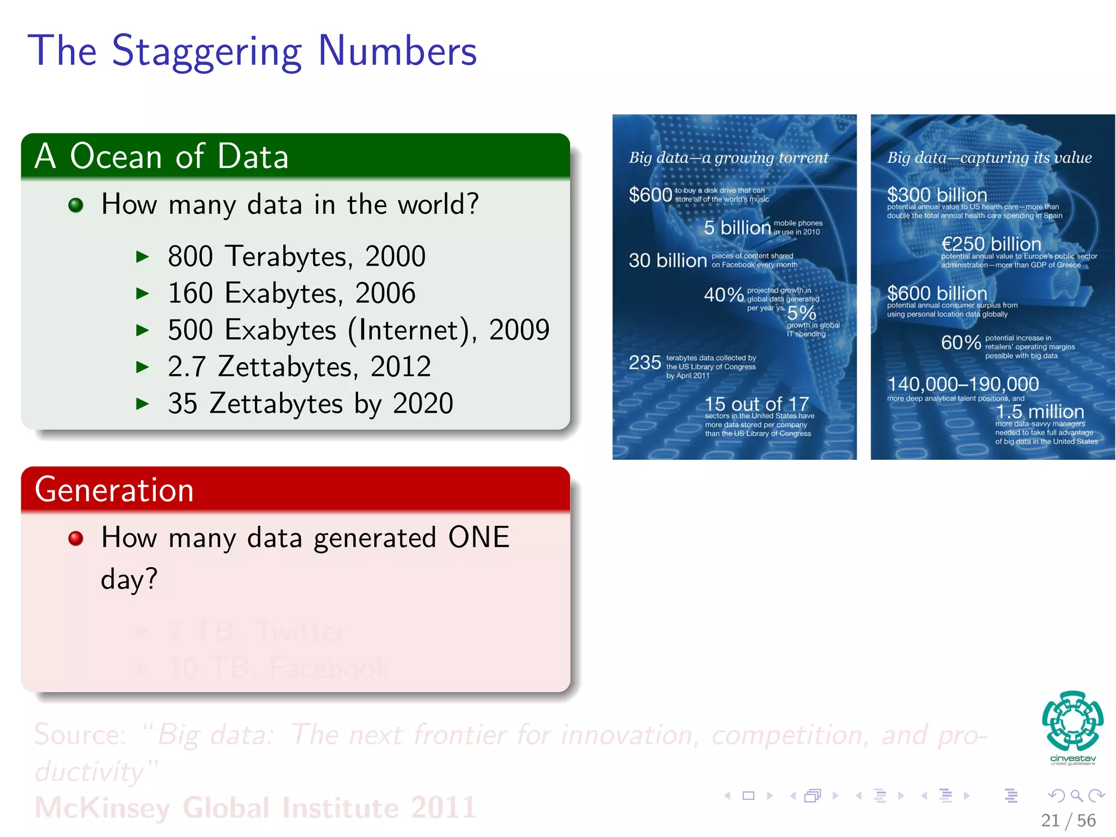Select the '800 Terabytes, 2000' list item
(x=296, y=256)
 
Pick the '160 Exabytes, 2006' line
(x=292, y=293)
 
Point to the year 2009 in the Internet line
(x=519, y=330)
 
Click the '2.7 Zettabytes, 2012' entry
(x=299, y=367)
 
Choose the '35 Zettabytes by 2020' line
(x=310, y=403)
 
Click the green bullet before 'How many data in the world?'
(x=76, y=205)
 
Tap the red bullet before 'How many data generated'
(x=76, y=538)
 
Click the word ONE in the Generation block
(x=478, y=537)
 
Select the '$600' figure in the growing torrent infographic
(x=650, y=195)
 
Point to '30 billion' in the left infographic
(x=668, y=260)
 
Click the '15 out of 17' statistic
(x=756, y=404)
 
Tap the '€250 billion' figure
(x=991, y=244)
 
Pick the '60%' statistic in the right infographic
(x=961, y=343)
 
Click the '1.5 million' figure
(x=1040, y=411)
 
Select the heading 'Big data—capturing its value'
(x=989, y=157)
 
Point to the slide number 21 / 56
(x=1068, y=820)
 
